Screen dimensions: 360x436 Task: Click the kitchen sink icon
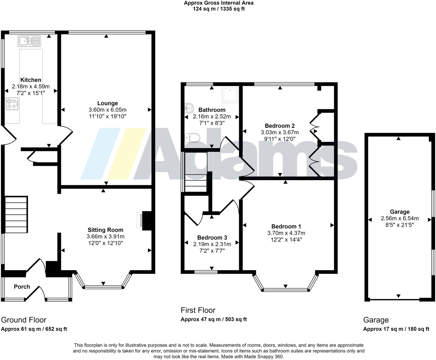29,41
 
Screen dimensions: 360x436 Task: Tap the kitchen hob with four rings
12,104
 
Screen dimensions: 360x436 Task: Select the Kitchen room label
31,80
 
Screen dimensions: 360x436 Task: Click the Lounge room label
107,103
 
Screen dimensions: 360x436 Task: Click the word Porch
22,287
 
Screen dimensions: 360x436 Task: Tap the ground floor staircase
16,214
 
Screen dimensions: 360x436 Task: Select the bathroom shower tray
230,95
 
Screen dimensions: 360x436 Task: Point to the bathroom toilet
192,137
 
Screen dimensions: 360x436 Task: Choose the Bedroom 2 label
280,126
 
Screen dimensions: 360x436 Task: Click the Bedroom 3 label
212,238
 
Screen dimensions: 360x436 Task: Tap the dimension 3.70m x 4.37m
286,233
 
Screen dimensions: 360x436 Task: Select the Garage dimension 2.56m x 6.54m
400,218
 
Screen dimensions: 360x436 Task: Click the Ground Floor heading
24,320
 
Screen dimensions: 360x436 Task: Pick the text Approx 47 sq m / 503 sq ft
213,320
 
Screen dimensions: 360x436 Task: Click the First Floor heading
198,310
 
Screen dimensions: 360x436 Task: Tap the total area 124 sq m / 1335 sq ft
218,9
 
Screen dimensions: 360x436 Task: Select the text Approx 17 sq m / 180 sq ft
396,329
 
